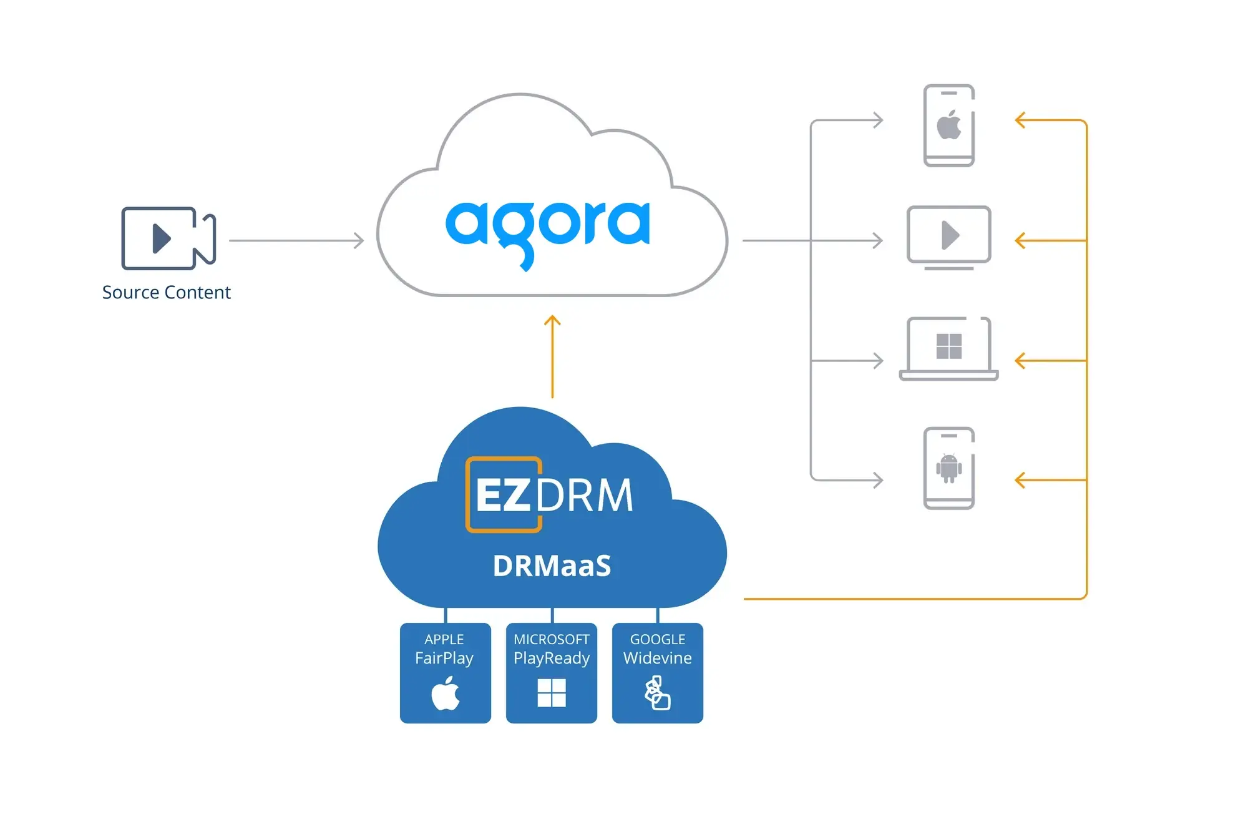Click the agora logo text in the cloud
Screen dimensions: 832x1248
point(547,228)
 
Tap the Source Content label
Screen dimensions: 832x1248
point(167,292)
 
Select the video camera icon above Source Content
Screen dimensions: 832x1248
point(168,238)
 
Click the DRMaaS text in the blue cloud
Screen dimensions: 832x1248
point(552,566)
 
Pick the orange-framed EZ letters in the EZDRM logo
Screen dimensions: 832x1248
point(503,495)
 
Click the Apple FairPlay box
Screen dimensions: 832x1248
point(445,672)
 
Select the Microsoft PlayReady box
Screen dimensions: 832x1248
point(551,672)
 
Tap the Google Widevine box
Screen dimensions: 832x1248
point(657,672)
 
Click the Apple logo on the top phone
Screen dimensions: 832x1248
point(948,125)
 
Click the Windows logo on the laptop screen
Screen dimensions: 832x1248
point(948,346)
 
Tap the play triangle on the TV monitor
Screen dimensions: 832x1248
point(949,235)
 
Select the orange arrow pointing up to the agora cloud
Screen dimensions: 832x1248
point(552,356)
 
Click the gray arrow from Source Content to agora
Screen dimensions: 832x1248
point(296,240)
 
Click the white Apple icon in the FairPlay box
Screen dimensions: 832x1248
point(446,693)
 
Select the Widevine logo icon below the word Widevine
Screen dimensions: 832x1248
point(657,693)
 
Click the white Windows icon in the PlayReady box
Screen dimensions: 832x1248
point(552,693)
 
